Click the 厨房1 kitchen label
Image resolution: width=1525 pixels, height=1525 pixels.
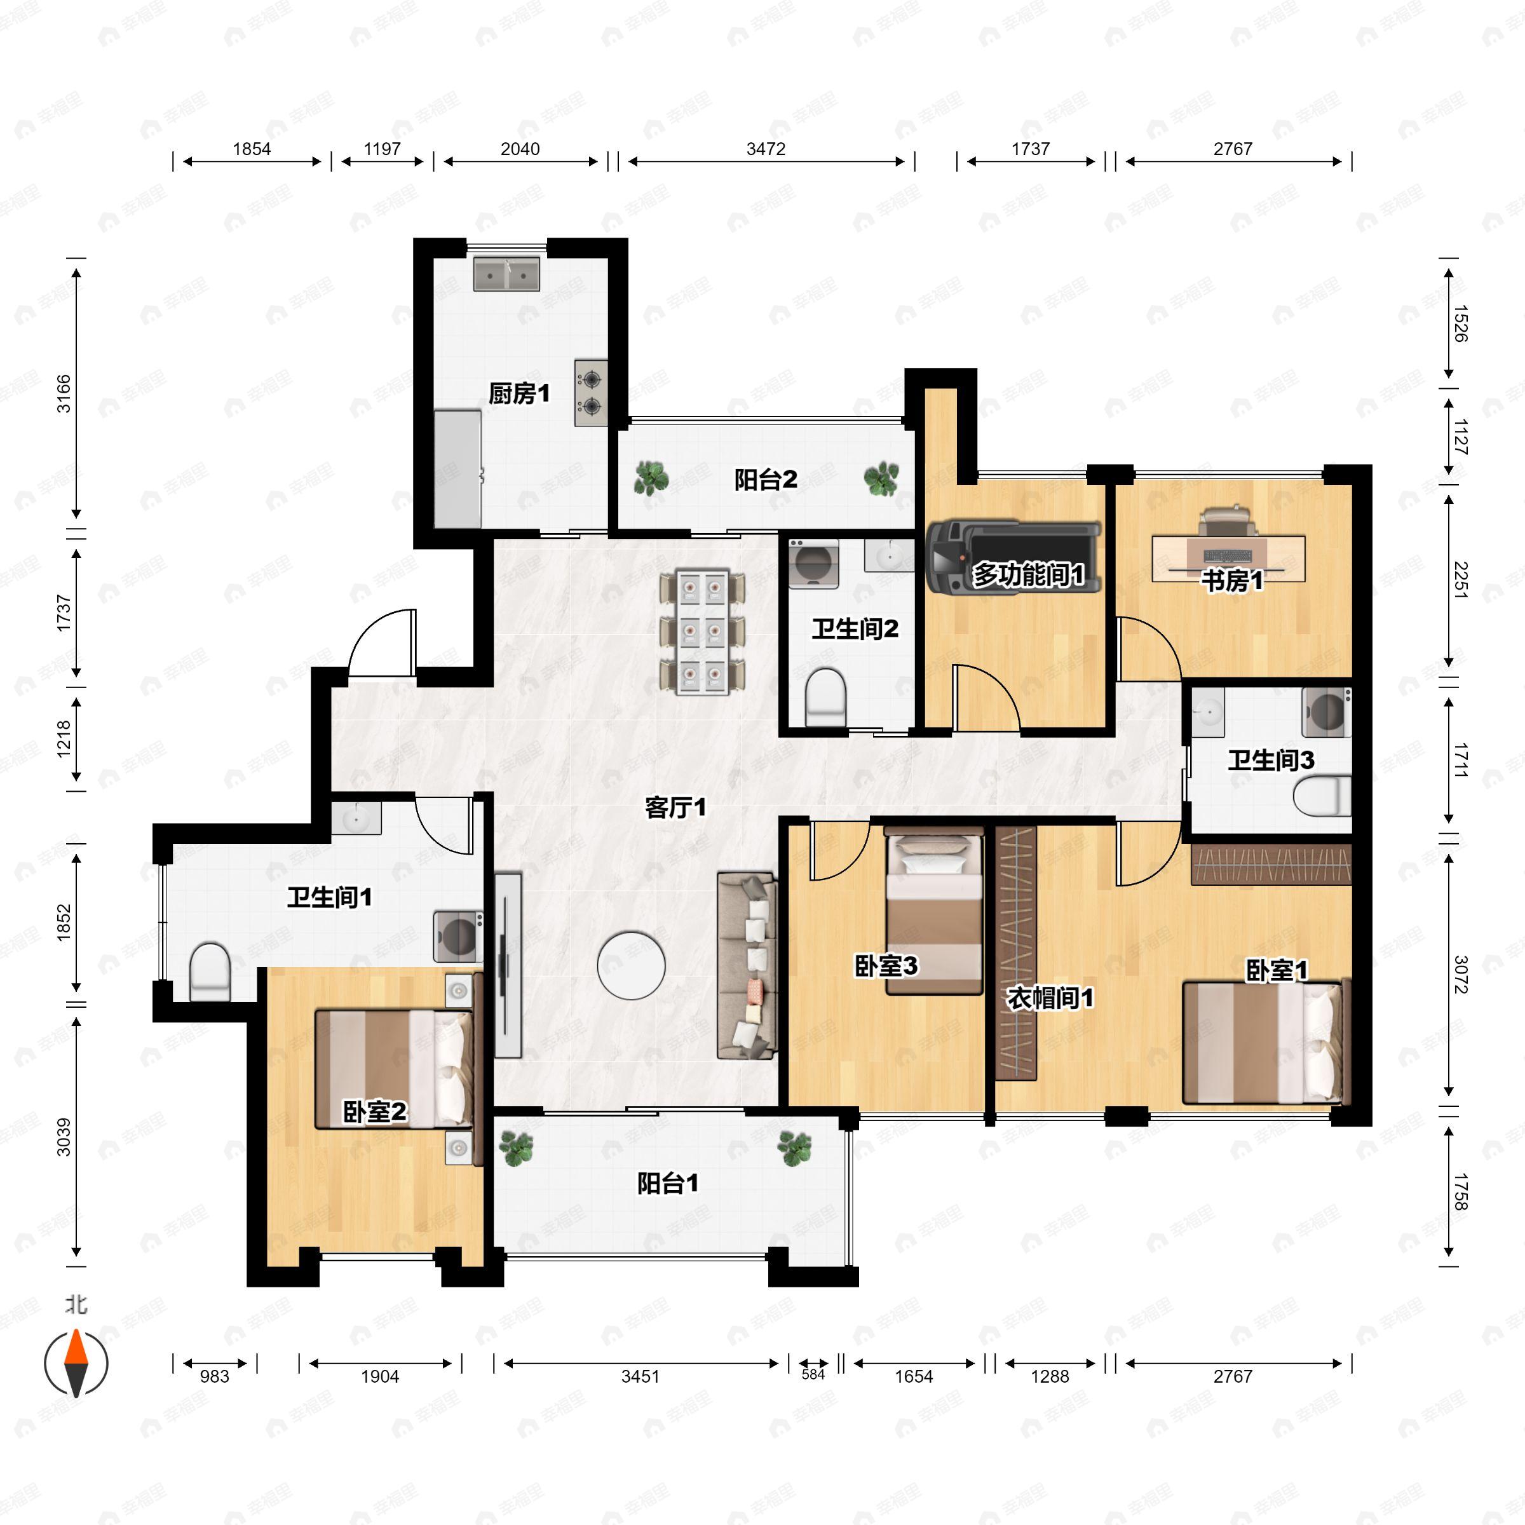518,393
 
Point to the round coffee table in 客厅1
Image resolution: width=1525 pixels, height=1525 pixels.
632,965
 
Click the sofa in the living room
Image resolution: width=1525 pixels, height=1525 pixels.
747,965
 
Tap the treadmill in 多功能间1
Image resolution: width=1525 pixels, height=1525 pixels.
1013,557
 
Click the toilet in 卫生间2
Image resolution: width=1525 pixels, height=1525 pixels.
825,697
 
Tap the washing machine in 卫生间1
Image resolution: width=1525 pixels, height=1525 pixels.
457,936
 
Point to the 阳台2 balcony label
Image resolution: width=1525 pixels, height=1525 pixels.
765,479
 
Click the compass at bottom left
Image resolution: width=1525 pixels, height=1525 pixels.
76,1362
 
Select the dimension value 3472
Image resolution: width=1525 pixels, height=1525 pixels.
766,149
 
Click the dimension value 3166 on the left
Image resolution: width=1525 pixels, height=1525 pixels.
63,393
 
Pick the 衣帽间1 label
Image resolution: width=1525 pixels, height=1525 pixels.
1050,998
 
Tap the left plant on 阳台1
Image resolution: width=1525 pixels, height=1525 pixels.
516,1148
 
